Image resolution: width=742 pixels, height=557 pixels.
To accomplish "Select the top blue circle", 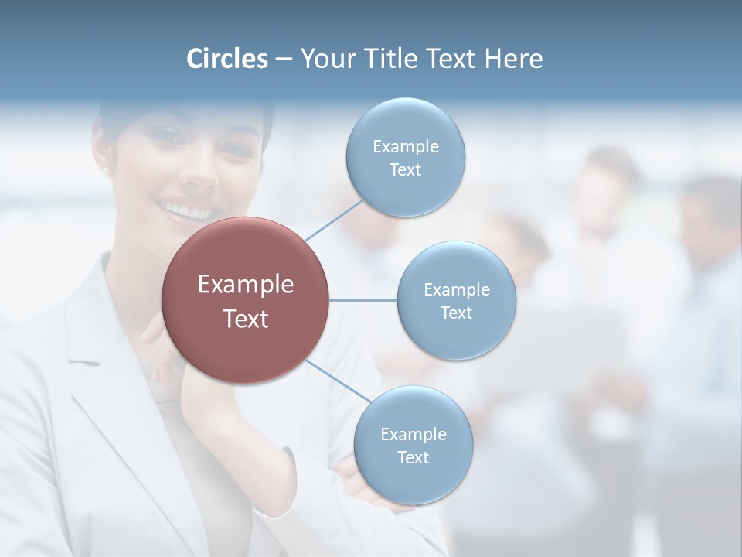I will click(405, 157).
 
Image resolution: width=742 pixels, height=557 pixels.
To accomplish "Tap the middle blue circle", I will click(456, 300).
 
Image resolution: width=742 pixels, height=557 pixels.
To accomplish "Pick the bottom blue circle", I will click(413, 445).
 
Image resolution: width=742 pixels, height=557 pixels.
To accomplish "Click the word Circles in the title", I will click(227, 59).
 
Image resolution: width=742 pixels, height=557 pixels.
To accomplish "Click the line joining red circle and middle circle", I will click(362, 300).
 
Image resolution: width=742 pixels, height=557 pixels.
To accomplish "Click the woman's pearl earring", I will click(106, 169).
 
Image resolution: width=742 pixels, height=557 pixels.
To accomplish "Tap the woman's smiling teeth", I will click(185, 210).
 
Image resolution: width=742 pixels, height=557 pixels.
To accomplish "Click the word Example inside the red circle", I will click(245, 285).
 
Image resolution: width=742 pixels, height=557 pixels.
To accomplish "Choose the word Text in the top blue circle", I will click(405, 170).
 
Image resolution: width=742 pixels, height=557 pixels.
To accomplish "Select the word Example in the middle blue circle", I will click(456, 289).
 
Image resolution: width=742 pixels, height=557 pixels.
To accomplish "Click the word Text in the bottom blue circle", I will click(413, 458).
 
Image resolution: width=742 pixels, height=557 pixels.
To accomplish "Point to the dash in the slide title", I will click(284, 60).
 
